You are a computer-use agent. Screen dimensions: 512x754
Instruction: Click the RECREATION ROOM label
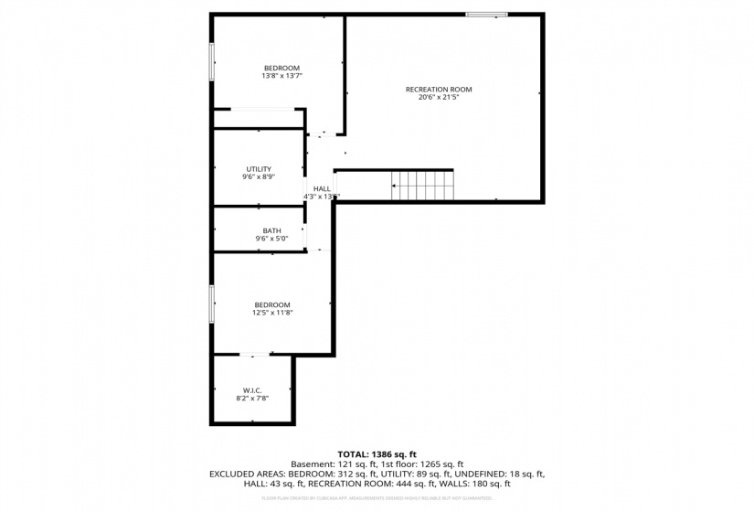point(439,89)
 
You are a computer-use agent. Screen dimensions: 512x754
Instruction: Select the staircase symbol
point(422,185)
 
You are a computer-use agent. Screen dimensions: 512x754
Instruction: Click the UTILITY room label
point(259,168)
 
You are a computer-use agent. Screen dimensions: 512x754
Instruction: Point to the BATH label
point(271,230)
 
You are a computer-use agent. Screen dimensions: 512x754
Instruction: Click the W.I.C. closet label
point(253,389)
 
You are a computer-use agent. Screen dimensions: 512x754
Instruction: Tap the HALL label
point(322,188)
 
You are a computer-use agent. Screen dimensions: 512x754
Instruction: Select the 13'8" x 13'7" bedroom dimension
point(281,76)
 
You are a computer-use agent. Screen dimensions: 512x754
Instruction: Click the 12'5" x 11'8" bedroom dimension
point(272,313)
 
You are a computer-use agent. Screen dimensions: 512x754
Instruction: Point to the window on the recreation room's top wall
point(486,14)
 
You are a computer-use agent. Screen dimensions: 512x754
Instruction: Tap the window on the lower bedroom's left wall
point(212,303)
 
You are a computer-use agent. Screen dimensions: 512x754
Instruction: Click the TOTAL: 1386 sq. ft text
point(377,453)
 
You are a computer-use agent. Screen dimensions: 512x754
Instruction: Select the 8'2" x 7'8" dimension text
point(253,398)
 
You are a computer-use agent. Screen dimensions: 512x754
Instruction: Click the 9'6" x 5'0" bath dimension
point(271,239)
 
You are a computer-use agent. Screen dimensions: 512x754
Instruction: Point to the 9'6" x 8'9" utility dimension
point(259,176)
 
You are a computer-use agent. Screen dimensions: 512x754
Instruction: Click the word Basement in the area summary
point(311,464)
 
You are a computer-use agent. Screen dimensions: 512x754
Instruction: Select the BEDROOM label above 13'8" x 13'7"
point(281,68)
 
